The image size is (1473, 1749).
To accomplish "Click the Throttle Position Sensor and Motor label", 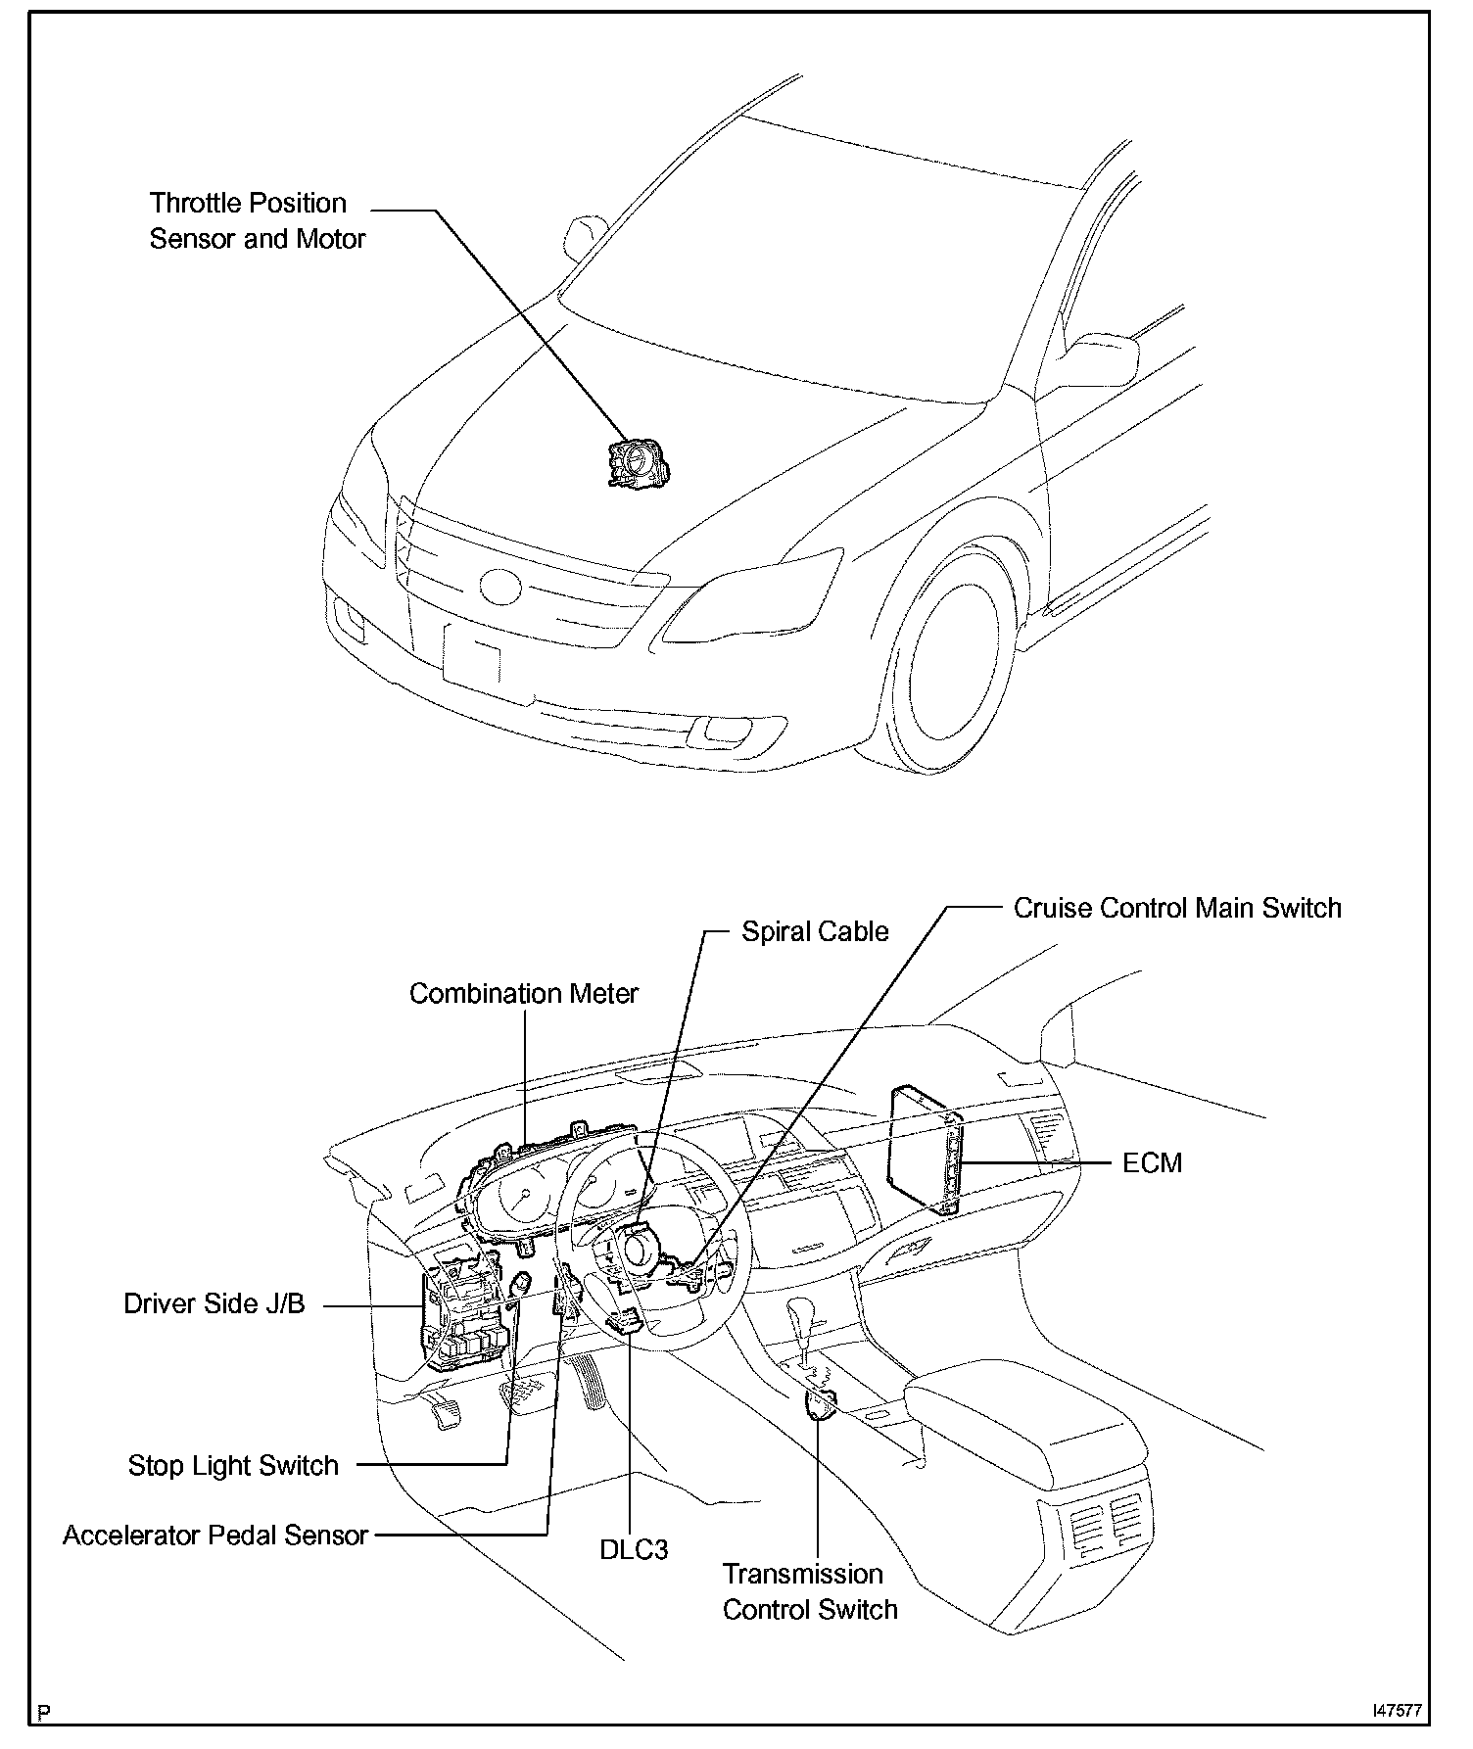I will (x=257, y=220).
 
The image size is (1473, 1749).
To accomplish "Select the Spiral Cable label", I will (x=815, y=931).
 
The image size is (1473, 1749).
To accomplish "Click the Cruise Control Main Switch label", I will (x=1176, y=908).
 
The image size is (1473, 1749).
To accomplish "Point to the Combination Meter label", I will (x=523, y=993).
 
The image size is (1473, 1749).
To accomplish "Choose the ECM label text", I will (x=1152, y=1163).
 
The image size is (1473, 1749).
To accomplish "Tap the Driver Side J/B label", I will (x=214, y=1304).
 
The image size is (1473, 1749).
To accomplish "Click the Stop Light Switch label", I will (x=233, y=1466).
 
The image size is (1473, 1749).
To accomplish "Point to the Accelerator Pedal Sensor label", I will (x=215, y=1535).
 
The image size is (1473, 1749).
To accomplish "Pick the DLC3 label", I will (x=634, y=1550).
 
